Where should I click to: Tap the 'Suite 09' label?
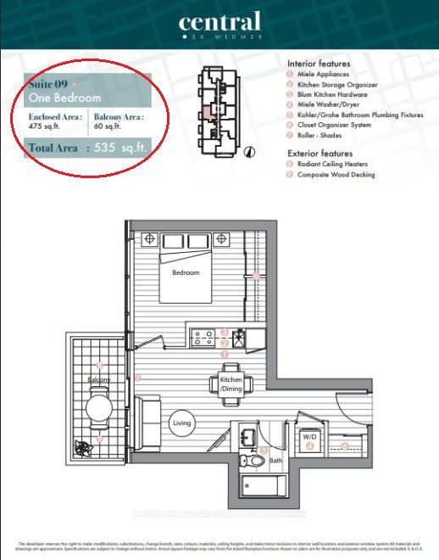click(x=49, y=84)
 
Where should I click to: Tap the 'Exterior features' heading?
click(x=320, y=153)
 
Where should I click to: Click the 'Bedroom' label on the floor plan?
click(x=186, y=272)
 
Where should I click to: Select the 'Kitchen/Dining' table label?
click(x=231, y=384)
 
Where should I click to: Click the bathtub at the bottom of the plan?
click(x=265, y=489)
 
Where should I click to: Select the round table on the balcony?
click(x=99, y=410)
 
